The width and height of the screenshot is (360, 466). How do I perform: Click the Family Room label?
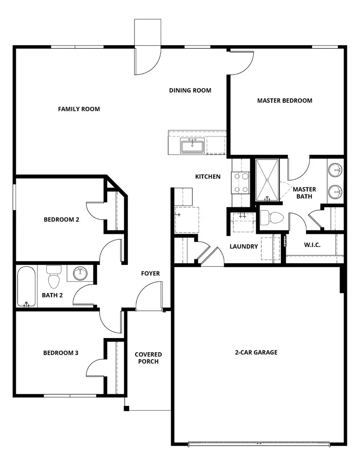(79, 109)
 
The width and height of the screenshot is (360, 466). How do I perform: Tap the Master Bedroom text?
(284, 100)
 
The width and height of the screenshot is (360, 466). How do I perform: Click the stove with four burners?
(240, 182)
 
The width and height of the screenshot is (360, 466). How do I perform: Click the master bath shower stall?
(267, 180)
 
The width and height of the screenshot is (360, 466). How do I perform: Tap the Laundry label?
(244, 246)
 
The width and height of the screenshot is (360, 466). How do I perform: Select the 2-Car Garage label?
(256, 352)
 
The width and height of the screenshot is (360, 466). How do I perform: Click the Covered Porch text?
(148, 358)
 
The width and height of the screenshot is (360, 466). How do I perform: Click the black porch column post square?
(126, 408)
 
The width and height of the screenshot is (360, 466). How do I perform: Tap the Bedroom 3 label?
(61, 353)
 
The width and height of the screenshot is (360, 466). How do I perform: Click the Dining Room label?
(190, 90)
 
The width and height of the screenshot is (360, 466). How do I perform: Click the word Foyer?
(150, 274)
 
